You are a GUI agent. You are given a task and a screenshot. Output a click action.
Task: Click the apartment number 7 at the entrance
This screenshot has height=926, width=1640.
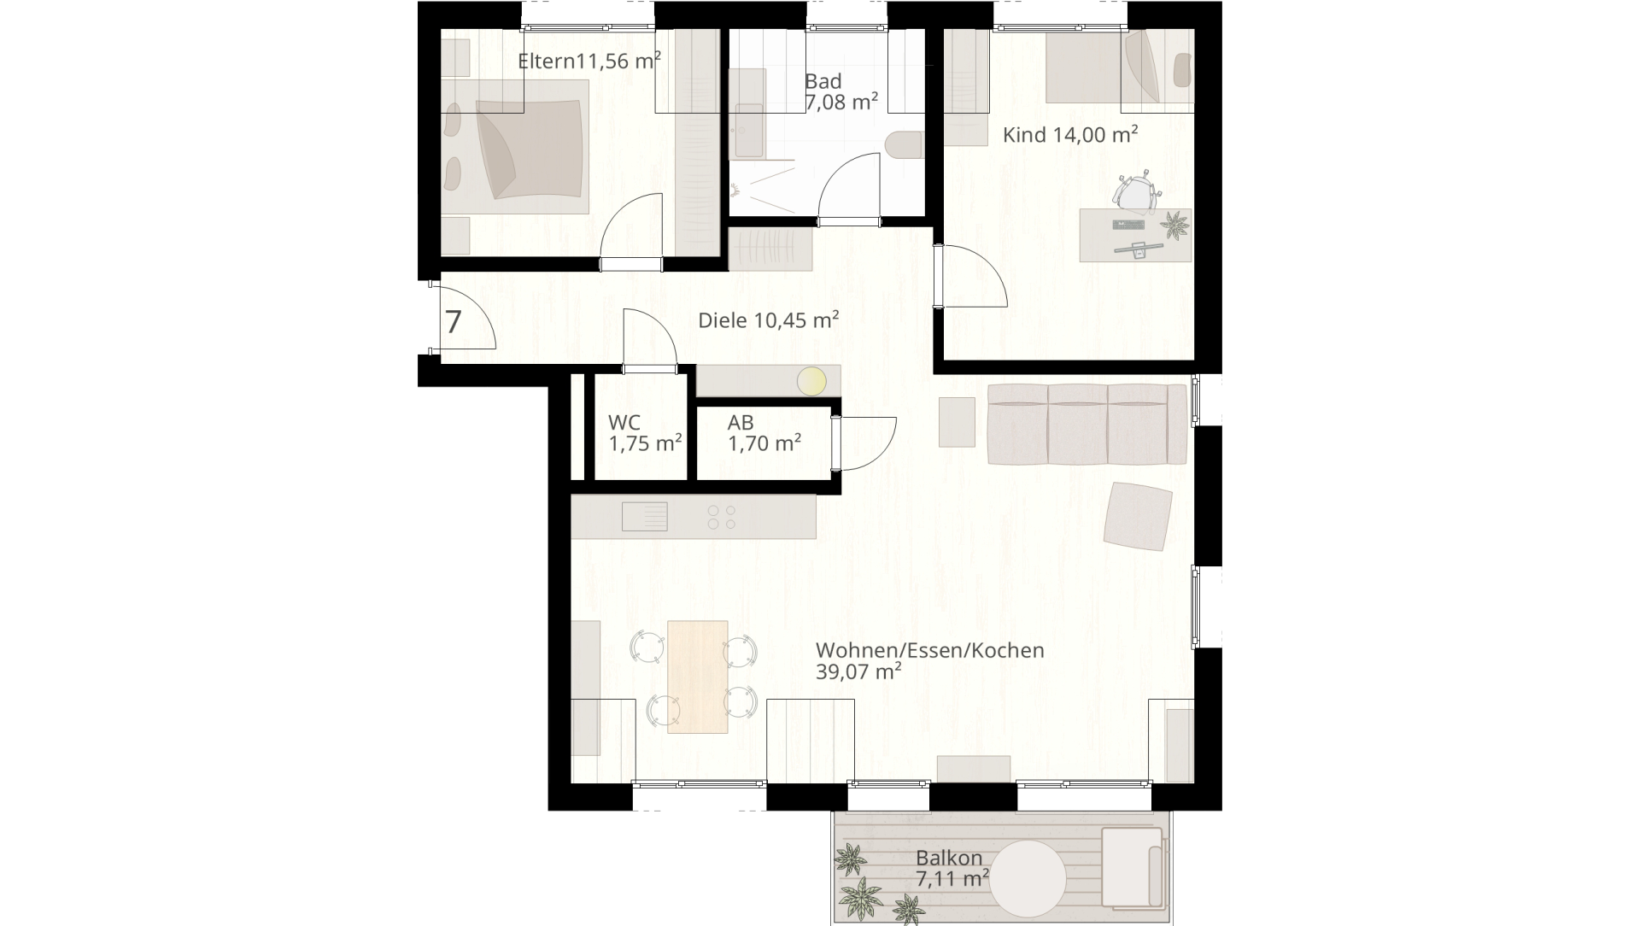point(454,322)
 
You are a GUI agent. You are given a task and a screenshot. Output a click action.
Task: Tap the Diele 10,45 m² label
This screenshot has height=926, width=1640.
point(768,320)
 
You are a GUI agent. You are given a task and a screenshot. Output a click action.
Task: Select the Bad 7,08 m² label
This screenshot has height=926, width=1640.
point(841,92)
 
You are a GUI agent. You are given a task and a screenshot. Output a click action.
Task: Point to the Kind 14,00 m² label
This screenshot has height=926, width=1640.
point(1069,134)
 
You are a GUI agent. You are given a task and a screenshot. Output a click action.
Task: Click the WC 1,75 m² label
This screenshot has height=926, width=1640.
point(645,433)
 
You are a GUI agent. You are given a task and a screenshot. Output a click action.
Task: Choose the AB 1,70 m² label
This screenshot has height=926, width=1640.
point(764,433)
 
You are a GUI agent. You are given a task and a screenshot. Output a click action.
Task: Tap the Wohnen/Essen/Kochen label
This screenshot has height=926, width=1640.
point(930,650)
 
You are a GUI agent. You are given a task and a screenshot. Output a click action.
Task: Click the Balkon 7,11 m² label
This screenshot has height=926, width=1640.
point(952,868)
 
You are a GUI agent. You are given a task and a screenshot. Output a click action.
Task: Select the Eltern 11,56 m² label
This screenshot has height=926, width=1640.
point(589,61)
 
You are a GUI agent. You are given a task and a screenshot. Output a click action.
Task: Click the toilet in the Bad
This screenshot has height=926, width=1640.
point(905,145)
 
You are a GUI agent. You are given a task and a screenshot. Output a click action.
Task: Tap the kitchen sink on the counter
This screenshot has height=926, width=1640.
point(645,517)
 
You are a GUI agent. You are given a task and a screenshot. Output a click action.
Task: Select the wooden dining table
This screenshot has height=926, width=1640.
point(698,677)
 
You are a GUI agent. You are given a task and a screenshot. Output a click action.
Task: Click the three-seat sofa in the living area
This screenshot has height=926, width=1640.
point(1086,425)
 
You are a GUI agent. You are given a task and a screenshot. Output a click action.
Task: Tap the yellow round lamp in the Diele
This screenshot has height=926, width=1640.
point(811,381)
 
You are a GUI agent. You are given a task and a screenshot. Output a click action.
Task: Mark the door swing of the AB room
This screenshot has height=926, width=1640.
point(867,443)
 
